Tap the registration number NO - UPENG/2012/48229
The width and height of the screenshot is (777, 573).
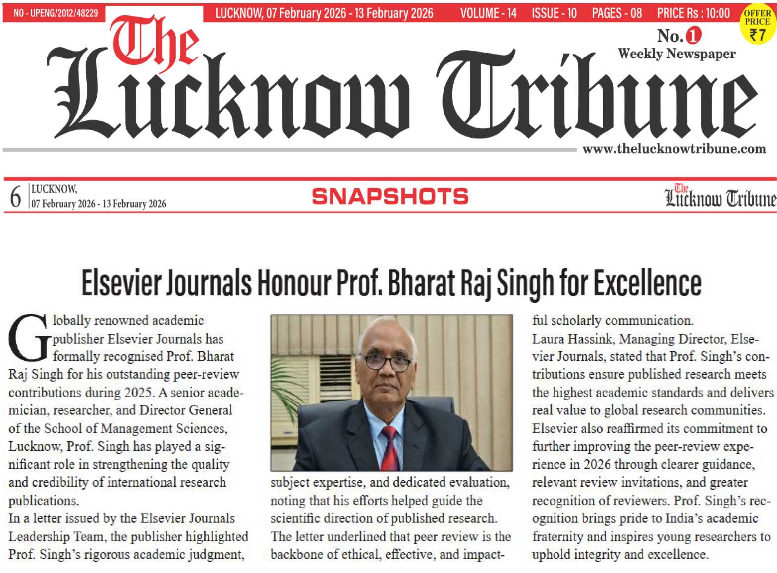coord(55,13)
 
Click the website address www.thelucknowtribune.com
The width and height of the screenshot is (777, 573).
coord(673,149)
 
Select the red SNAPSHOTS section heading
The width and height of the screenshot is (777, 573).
coord(390,197)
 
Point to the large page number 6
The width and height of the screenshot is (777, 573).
coord(15,197)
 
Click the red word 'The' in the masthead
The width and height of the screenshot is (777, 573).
coord(155,44)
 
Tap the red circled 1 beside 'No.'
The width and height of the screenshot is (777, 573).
coord(693,35)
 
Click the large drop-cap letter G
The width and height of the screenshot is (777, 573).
coord(29,338)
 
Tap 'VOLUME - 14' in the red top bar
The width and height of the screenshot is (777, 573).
coord(488,13)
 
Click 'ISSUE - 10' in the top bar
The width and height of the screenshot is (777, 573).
coord(554,13)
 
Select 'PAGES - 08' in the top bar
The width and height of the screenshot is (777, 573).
coord(616,13)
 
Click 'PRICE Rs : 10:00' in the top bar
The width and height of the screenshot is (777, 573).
coord(693,13)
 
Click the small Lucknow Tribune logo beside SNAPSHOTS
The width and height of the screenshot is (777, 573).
coord(720,196)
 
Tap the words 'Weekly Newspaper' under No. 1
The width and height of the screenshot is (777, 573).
coord(676,54)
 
